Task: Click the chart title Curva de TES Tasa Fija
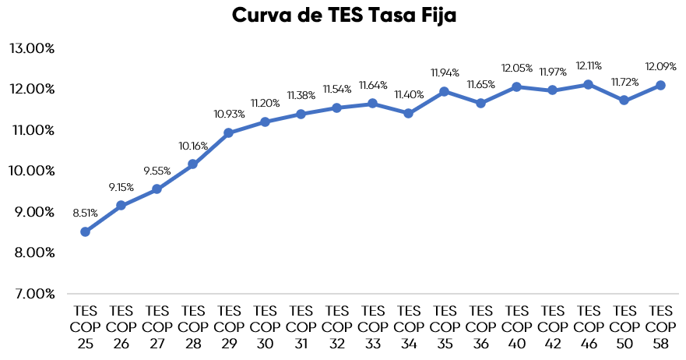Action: pos(343,17)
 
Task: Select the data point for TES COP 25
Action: pos(85,231)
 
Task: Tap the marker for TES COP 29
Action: pos(229,132)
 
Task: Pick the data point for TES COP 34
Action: pos(409,113)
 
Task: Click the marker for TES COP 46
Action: pos(589,84)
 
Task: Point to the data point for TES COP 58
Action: pos(660,85)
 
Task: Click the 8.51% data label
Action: pos(86,213)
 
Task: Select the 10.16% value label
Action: pos(193,145)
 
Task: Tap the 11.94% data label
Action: pos(445,72)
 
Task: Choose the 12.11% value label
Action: pos(589,65)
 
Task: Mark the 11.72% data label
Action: pos(624,81)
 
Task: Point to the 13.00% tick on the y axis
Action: pos(32,48)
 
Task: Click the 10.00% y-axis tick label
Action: pos(32,171)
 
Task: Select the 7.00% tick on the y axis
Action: pos(32,294)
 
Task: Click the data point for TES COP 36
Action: pos(480,103)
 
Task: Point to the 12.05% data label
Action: pos(517,68)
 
